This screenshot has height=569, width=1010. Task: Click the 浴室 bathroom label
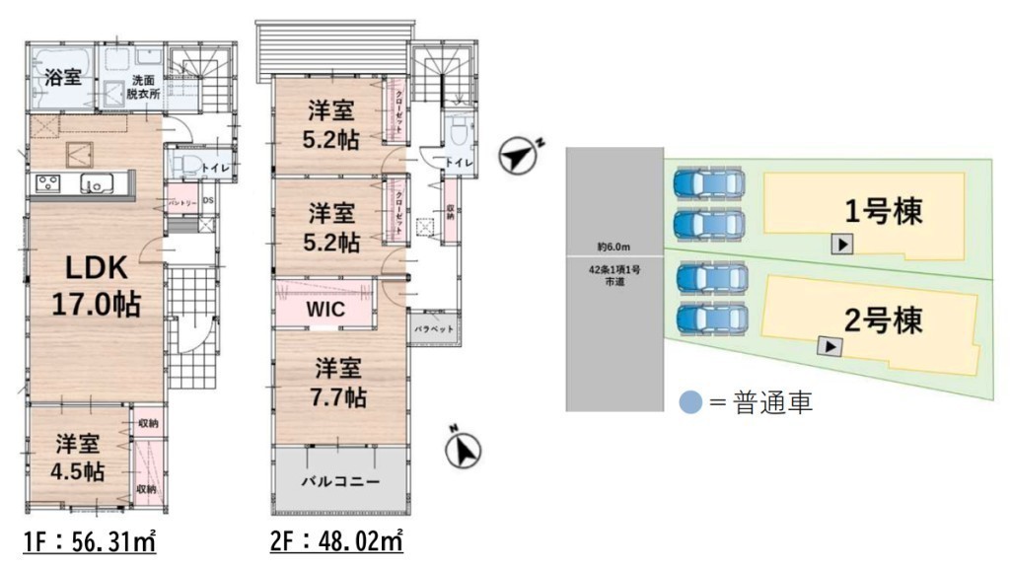tap(64, 78)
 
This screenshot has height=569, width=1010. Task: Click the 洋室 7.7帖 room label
tap(340, 384)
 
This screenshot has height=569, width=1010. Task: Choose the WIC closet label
tap(325, 309)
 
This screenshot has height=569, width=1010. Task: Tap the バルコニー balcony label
tap(340, 482)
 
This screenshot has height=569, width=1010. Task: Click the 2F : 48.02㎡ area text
tap(336, 541)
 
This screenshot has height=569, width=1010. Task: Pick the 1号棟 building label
tap(884, 210)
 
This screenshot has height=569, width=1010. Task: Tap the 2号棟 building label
tap(884, 320)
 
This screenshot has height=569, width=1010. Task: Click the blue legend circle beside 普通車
tap(692, 402)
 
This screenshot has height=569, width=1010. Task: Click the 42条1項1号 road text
tap(613, 269)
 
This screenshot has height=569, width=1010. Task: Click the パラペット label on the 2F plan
tap(433, 327)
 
